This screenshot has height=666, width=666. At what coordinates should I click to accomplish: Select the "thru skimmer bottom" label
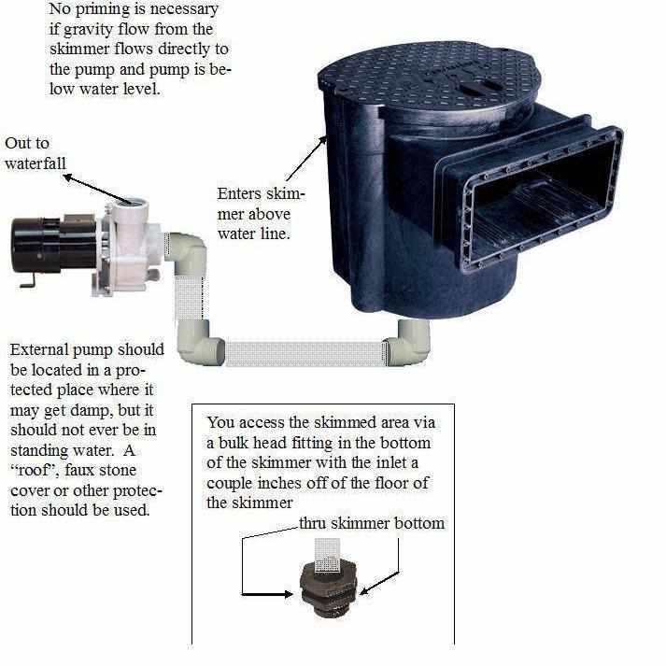(x=372, y=523)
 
